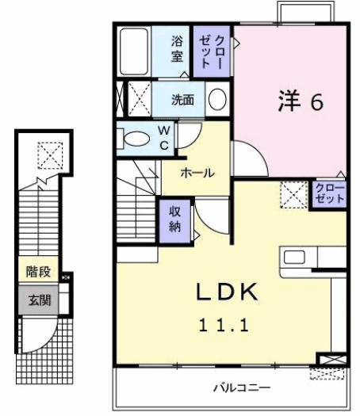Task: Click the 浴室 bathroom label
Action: [178, 48]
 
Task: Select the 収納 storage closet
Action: [174, 217]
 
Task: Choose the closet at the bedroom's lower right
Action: [329, 193]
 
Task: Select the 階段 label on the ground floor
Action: [38, 272]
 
